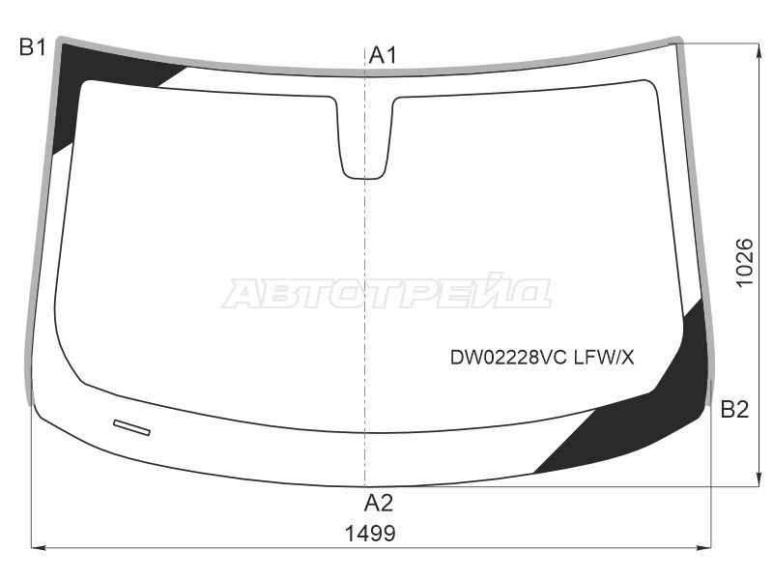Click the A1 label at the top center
click(383, 55)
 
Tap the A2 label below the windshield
click(378, 503)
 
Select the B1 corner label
click(33, 47)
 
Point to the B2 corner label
click(734, 410)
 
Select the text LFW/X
click(604, 358)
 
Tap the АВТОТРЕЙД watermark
click(386, 294)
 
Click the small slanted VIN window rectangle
click(131, 427)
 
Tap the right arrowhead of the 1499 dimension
click(706, 548)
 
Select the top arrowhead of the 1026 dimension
click(755, 48)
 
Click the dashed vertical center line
click(364, 290)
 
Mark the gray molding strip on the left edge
click(39, 222)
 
